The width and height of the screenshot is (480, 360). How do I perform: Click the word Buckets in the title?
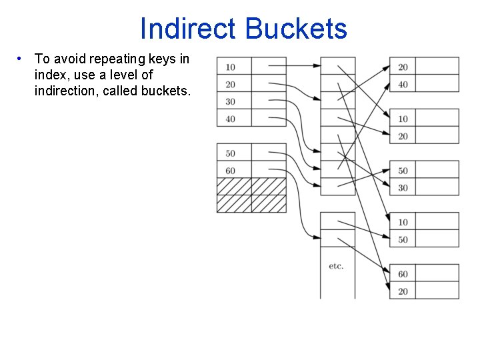296,29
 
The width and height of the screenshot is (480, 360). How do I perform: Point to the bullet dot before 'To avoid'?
21,59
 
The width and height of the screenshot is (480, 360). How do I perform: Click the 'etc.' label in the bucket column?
336,266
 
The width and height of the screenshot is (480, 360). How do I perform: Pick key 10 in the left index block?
231,67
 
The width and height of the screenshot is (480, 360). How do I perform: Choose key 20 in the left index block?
231,85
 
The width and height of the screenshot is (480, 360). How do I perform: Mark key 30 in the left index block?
231,102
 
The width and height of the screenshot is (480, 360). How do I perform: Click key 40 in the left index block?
231,119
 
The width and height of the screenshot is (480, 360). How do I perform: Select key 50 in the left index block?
231,153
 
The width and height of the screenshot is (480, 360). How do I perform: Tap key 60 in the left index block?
231,171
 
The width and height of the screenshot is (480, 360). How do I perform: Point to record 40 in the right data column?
403,85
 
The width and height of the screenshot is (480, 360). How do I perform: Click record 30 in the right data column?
403,188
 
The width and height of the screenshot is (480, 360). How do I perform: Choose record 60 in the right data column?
403,274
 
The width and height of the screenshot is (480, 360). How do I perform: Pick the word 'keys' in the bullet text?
167,59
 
